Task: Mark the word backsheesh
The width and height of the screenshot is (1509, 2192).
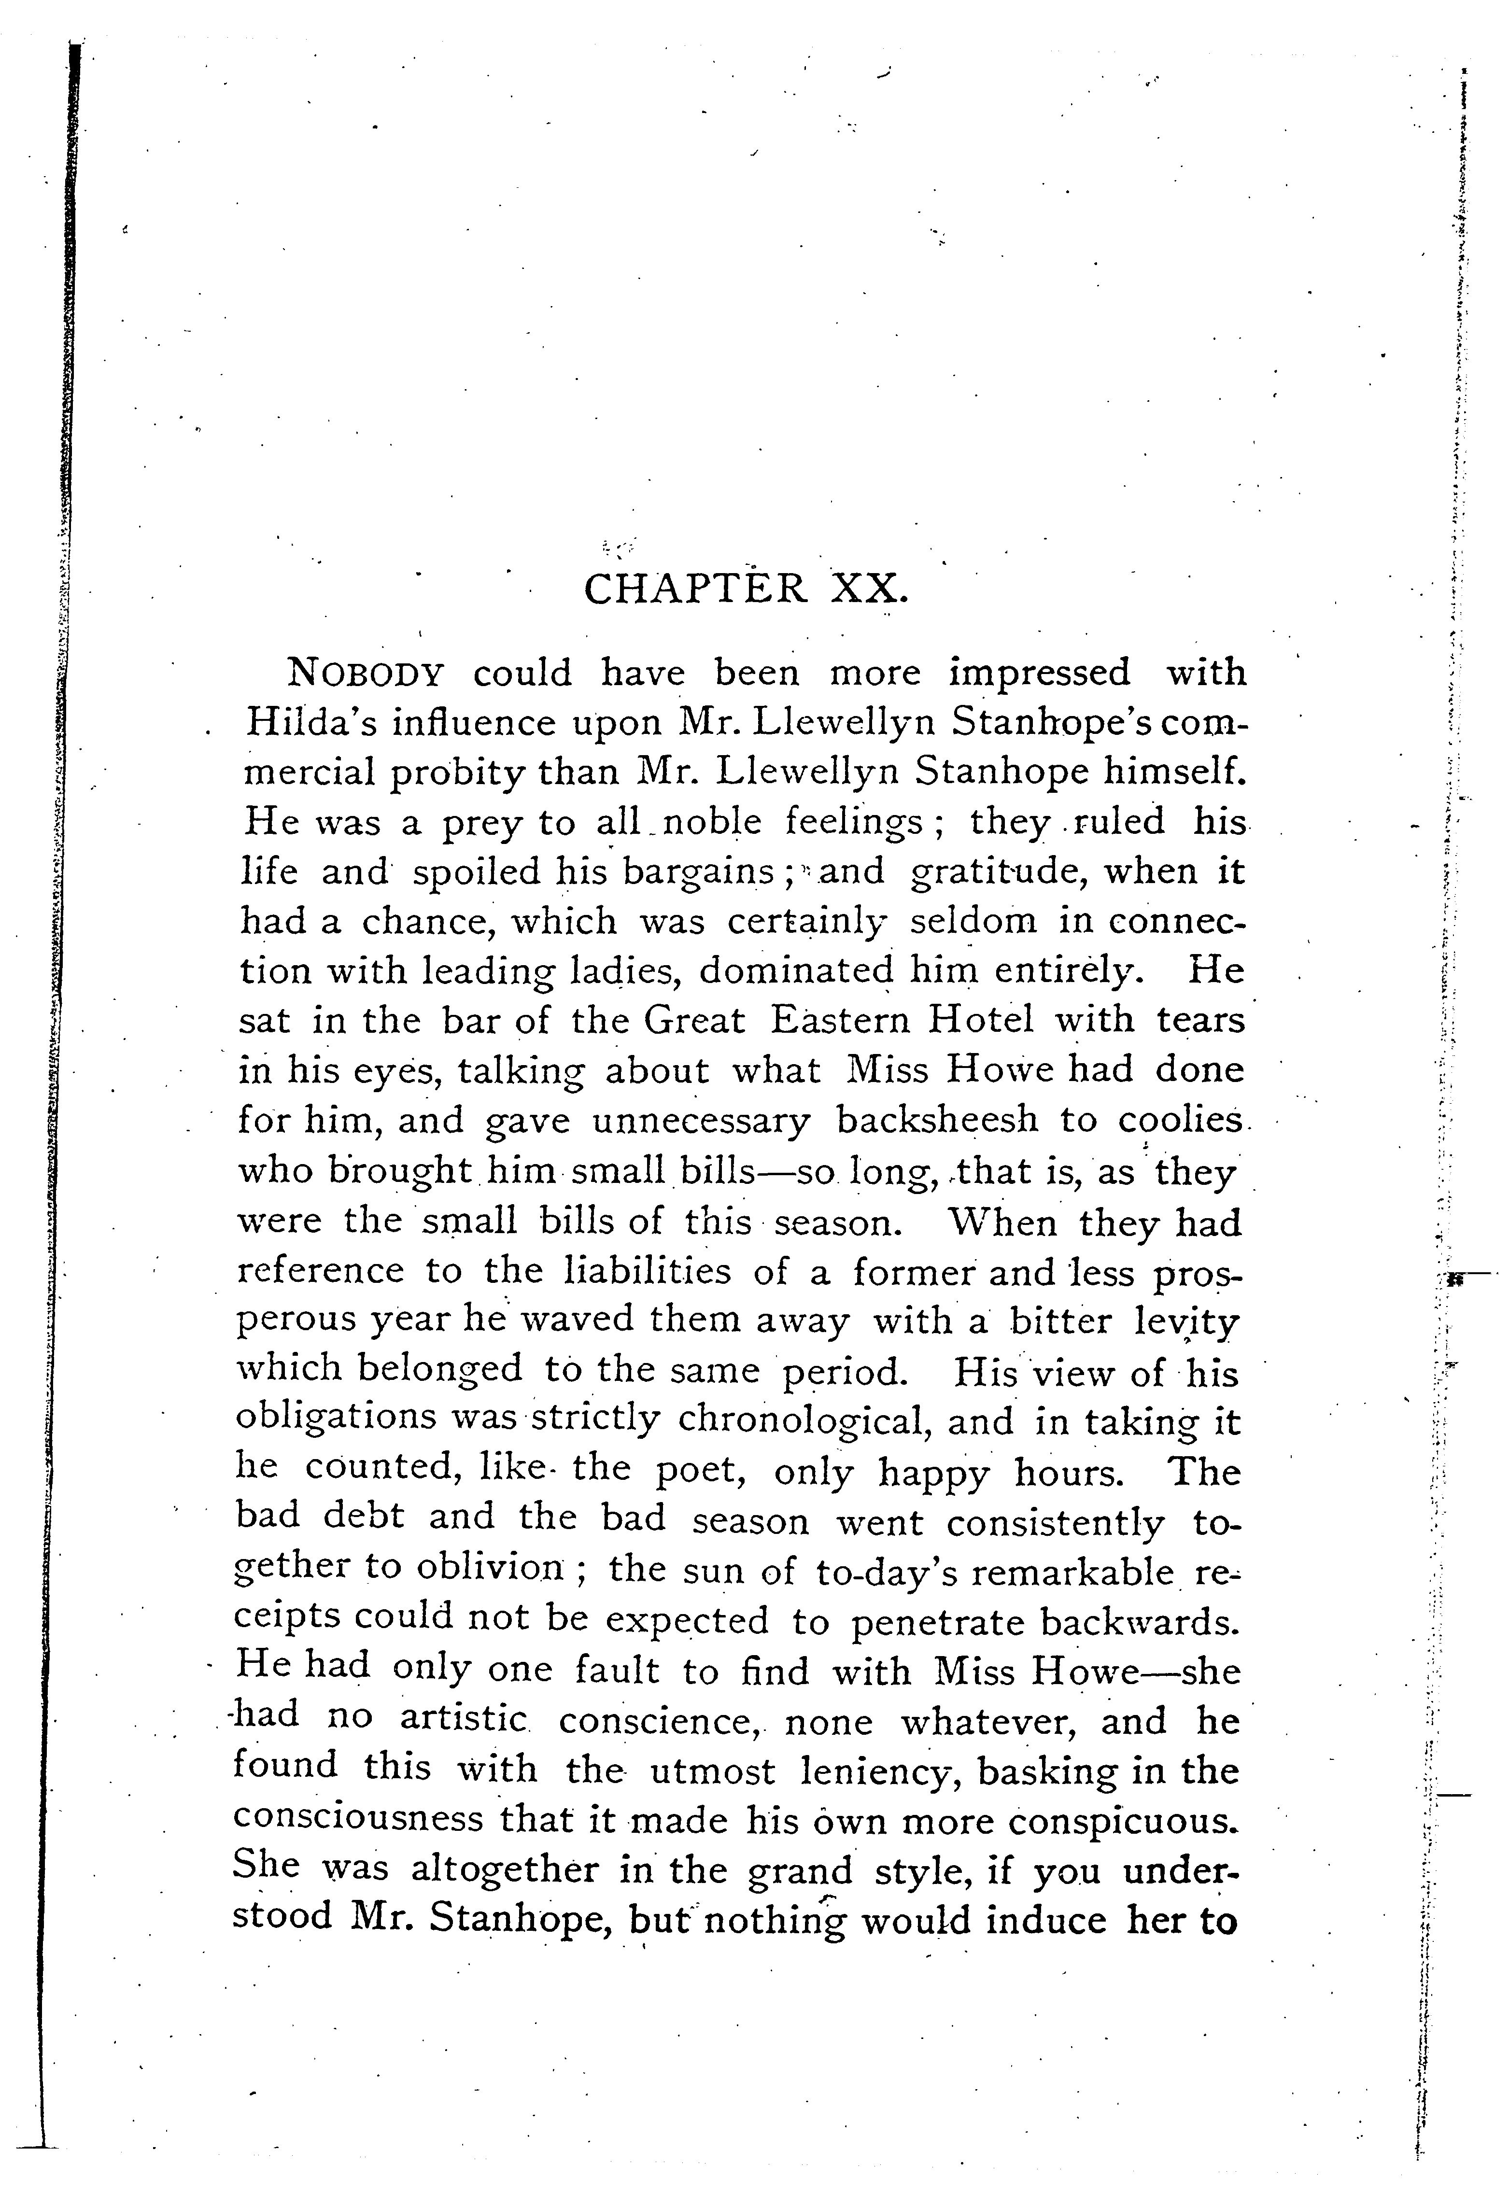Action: [936, 1120]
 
